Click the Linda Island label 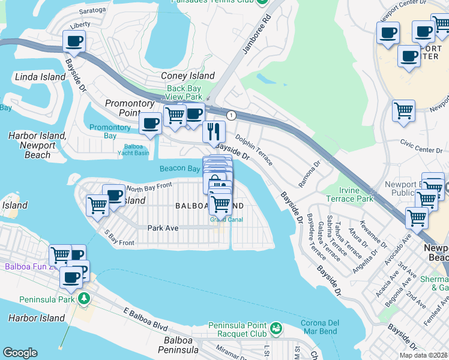40,77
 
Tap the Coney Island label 187,76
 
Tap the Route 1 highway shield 231,115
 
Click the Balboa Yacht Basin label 136,149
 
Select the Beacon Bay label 179,169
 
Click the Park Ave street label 163,228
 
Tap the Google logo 20,353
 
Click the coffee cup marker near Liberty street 74,41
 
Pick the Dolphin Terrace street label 253,150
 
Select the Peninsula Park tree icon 85,298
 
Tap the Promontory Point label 130,108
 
